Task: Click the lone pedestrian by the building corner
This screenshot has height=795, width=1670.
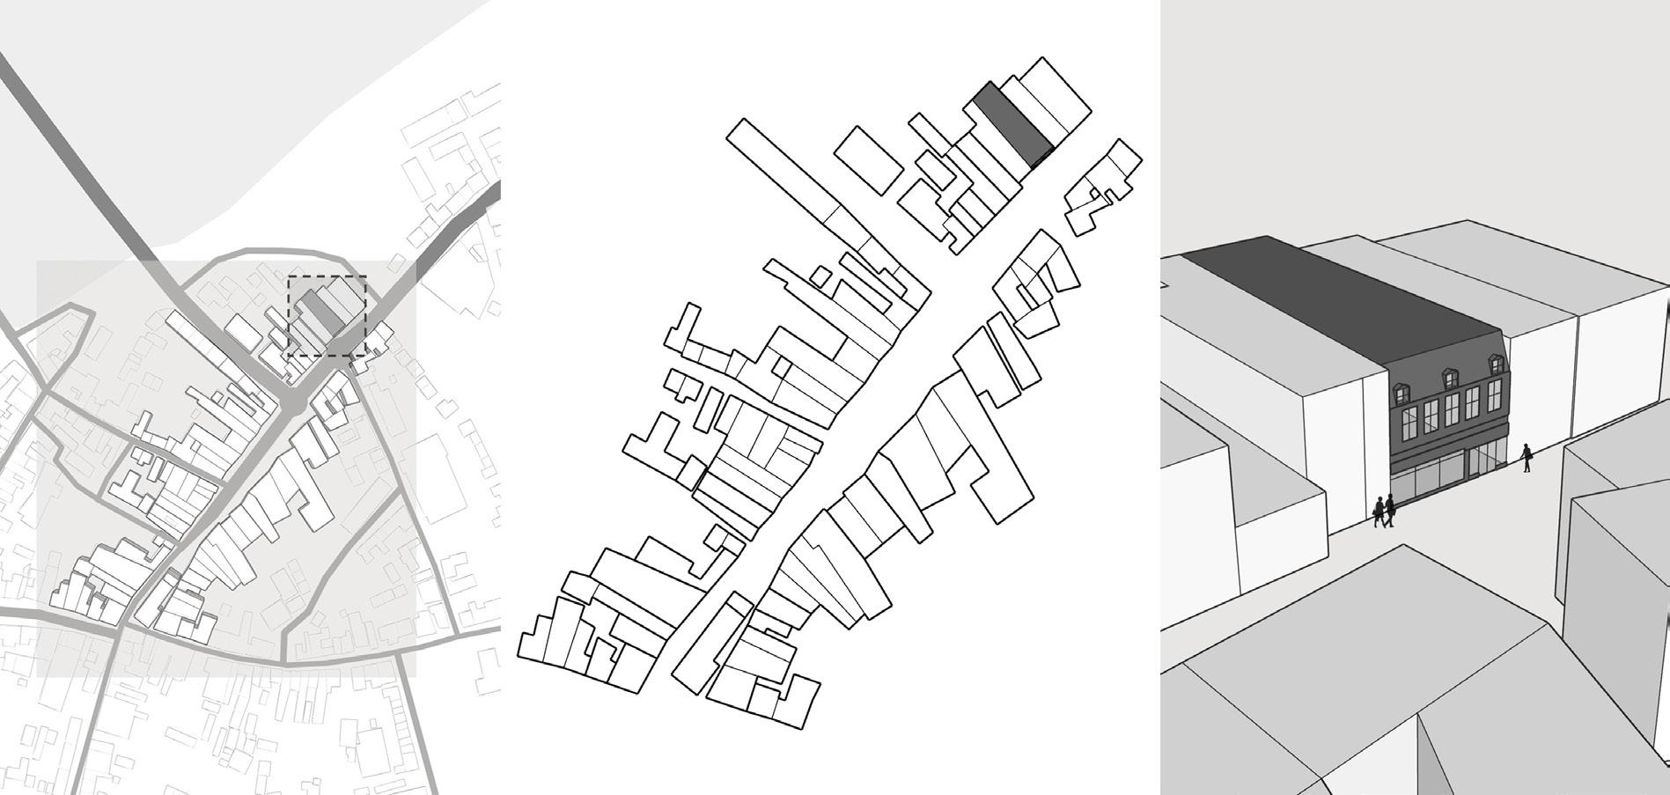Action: pos(1527,458)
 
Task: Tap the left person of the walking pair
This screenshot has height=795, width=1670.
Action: pos(1379,511)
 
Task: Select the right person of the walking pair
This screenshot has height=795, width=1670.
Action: pos(1390,511)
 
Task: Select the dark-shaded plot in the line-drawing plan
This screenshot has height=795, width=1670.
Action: pos(1012,123)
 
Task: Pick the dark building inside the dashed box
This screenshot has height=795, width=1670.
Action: pos(322,313)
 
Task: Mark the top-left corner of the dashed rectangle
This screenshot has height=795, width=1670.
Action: pos(290,276)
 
